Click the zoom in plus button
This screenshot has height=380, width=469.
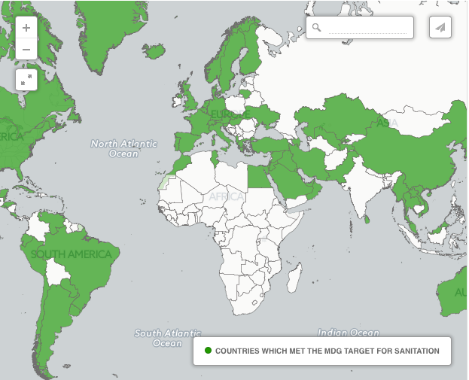point(26,28)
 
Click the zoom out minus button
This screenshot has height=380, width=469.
point(26,50)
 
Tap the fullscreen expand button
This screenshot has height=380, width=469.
point(26,79)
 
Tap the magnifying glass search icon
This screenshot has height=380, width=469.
point(317,27)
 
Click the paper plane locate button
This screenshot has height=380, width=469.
point(440,27)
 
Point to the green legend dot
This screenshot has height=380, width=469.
point(208,351)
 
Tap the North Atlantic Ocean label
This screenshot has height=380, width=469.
point(123,148)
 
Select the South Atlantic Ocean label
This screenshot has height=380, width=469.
point(167,338)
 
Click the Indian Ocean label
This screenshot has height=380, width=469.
point(348,332)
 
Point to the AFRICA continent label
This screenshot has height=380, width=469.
point(227,196)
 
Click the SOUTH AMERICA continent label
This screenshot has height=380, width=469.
point(71,254)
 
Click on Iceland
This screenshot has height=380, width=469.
point(154,51)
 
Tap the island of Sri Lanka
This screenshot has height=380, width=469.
point(368,219)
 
